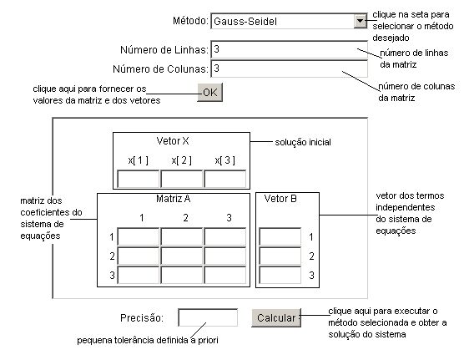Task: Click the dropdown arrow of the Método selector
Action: click(361, 21)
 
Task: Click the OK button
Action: click(209, 93)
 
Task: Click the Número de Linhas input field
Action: click(289, 49)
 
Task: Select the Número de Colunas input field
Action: click(289, 68)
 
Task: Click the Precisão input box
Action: click(208, 317)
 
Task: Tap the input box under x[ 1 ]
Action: click(139, 179)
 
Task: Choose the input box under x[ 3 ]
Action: click(224, 179)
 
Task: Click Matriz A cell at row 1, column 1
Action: click(139, 236)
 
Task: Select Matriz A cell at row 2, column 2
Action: click(181, 256)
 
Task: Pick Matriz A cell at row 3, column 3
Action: click(224, 275)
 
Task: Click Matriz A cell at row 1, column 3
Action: click(224, 236)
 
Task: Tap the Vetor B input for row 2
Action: click(280, 256)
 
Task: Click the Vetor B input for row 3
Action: click(280, 275)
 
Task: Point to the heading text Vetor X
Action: click(173, 141)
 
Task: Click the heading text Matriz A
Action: click(173, 199)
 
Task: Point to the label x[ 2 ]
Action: click(181, 160)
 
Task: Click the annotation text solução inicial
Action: click(303, 142)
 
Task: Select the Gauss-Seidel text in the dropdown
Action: click(245, 22)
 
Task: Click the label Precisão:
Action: click(142, 318)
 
